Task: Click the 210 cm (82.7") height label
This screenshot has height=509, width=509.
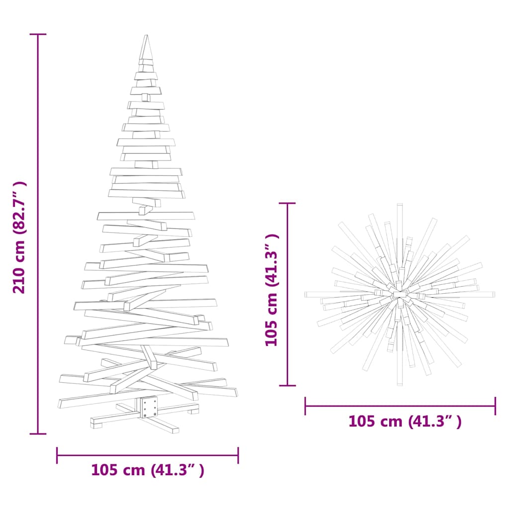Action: (19, 237)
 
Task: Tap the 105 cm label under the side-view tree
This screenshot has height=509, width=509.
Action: (148, 470)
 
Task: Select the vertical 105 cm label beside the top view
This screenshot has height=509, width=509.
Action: (272, 290)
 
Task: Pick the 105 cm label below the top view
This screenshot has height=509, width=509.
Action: (405, 422)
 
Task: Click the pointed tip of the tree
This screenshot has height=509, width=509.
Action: (146, 35)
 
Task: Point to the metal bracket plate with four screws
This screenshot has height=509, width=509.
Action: (149, 407)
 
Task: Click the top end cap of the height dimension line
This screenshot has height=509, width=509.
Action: (38, 34)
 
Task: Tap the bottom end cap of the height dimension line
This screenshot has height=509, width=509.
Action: (38, 433)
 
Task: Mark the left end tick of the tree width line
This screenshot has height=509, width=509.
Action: (57, 455)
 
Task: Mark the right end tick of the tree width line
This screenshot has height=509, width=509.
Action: (238, 455)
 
